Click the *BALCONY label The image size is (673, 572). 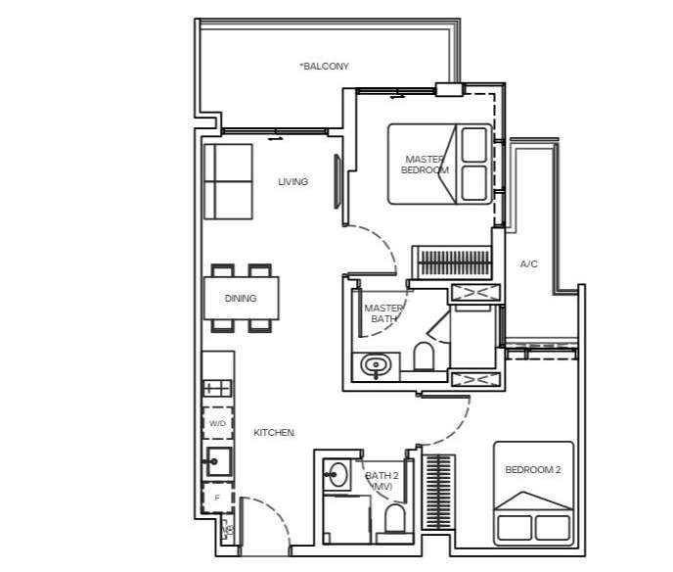coord(325,67)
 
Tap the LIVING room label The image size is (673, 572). coord(293,182)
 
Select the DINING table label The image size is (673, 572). coord(241,299)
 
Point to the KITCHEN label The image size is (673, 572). coord(274,433)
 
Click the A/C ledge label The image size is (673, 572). coord(529,263)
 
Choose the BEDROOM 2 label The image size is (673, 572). coord(533,470)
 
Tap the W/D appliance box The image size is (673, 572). coord(217,423)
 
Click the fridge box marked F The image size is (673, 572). coord(217,499)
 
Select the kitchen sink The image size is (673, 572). coord(219,461)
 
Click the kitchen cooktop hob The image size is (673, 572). coord(217,389)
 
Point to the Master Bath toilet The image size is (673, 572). coord(424,356)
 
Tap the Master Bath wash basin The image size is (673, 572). coord(376,366)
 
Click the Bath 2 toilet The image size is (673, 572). coord(395,518)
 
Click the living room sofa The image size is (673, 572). coord(228,182)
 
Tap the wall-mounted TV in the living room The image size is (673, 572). coord(337,182)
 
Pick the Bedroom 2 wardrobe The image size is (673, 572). coord(438,492)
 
